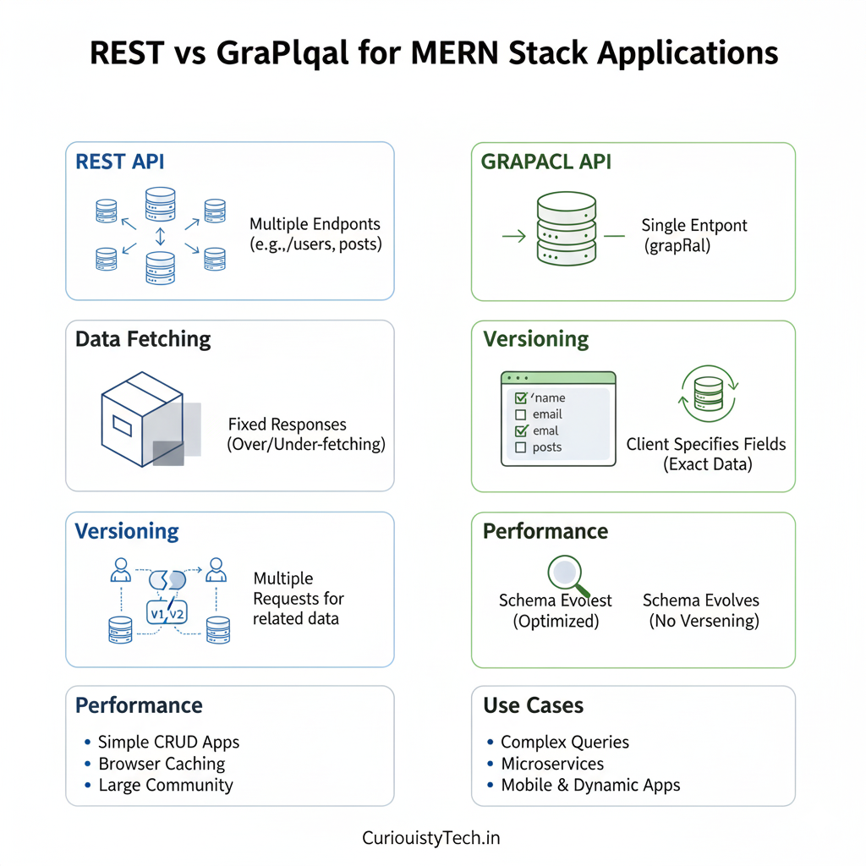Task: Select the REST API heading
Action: (x=120, y=162)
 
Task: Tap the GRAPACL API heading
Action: (x=545, y=162)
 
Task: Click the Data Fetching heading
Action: (x=143, y=339)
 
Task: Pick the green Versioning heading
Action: (x=536, y=339)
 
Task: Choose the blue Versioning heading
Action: (x=127, y=531)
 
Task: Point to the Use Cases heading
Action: (x=534, y=705)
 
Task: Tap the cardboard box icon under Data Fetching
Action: (x=142, y=417)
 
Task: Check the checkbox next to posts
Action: (x=521, y=447)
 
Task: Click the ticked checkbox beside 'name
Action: (x=521, y=397)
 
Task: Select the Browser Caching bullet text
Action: (x=162, y=764)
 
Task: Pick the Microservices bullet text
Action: (x=552, y=764)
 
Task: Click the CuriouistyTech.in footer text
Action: (x=431, y=838)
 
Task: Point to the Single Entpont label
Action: (x=694, y=226)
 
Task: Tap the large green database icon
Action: (x=567, y=228)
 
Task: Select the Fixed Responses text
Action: (x=288, y=425)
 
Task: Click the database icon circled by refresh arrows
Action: (x=709, y=394)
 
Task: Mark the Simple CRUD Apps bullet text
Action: (x=168, y=742)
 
